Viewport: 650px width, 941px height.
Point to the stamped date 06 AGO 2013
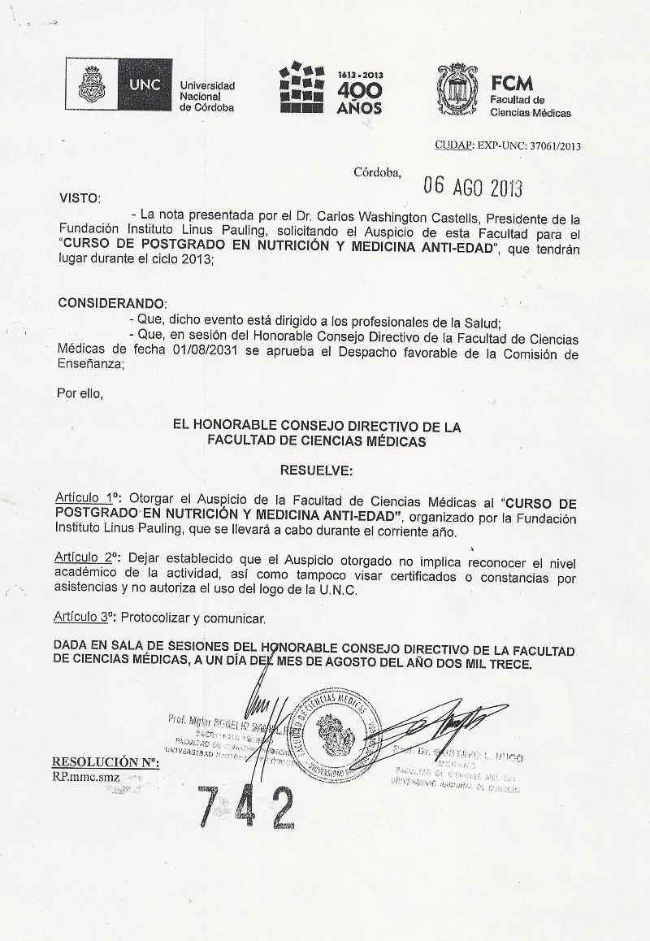pyautogui.click(x=473, y=188)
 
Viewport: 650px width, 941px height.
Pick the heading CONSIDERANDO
pyautogui.click(x=112, y=302)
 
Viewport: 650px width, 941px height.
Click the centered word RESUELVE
pyautogui.click(x=316, y=470)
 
